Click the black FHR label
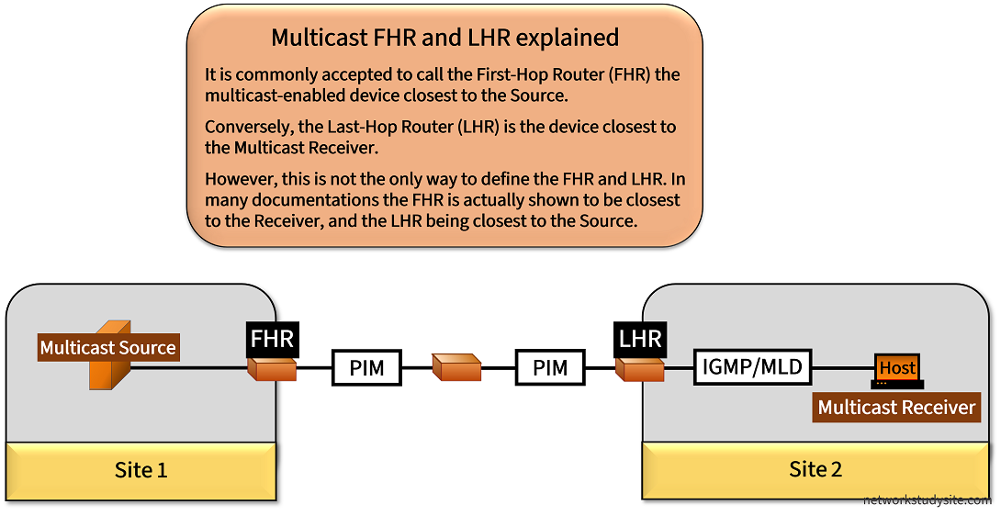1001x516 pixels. pos(273,338)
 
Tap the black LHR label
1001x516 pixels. pos(640,338)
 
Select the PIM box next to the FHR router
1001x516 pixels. pos(366,369)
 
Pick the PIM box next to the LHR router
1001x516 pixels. pos(550,369)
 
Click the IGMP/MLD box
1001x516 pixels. pos(752,368)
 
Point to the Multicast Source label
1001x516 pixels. pos(107,348)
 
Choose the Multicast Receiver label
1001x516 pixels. pos(896,407)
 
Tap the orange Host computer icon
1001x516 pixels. pos(897,369)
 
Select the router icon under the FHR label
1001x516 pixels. pos(272,369)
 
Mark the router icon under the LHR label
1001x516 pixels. pos(639,369)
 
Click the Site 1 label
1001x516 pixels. pos(141,470)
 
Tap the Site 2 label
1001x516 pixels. pos(815,469)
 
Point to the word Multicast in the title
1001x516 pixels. pos(314,38)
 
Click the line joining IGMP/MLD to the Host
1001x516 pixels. pos(841,369)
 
